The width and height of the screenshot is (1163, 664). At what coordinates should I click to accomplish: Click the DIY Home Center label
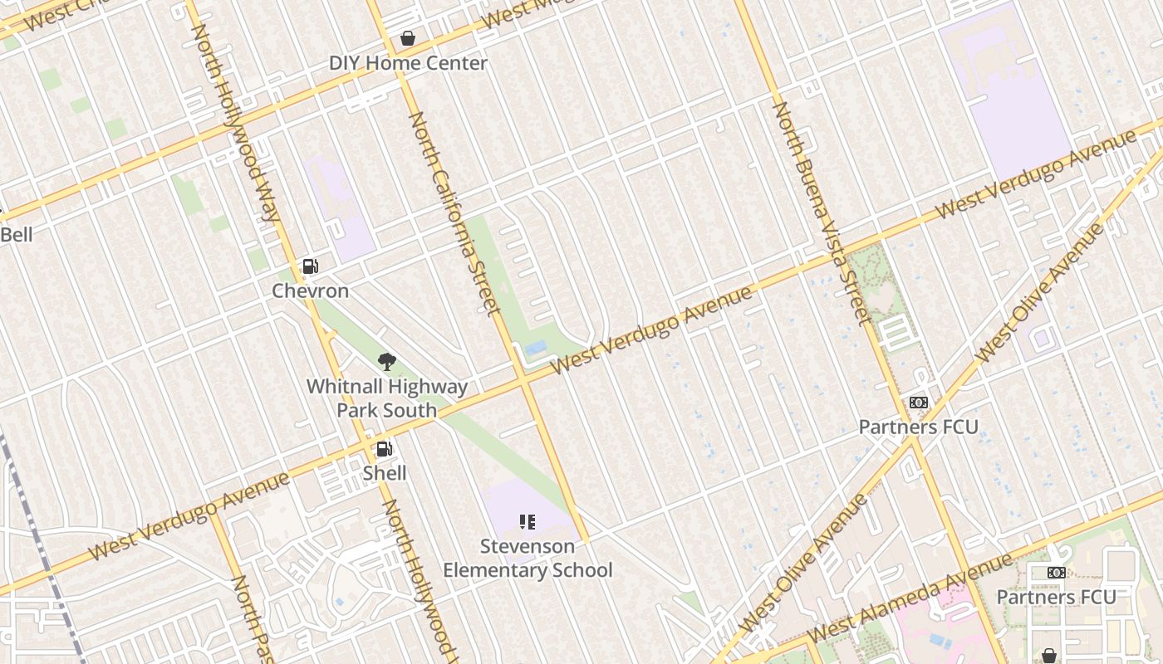pyautogui.click(x=408, y=63)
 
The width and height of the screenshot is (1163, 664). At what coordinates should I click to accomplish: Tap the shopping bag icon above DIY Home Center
pyautogui.click(x=408, y=38)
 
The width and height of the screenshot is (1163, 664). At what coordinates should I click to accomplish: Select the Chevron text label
pyautogui.click(x=311, y=291)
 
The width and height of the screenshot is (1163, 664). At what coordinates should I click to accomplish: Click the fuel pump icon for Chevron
pyautogui.click(x=310, y=266)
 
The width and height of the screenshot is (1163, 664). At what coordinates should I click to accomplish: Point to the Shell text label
pyautogui.click(x=385, y=473)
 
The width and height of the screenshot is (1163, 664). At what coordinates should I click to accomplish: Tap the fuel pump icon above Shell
pyautogui.click(x=385, y=449)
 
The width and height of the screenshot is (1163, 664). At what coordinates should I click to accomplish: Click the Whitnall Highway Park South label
pyautogui.click(x=387, y=398)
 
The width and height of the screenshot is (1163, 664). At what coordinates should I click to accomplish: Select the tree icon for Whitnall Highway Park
pyautogui.click(x=386, y=362)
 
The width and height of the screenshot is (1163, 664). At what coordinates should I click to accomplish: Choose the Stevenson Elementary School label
pyautogui.click(x=528, y=558)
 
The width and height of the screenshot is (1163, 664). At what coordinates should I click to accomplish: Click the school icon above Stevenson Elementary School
pyautogui.click(x=527, y=522)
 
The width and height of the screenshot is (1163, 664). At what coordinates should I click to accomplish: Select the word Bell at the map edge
pyautogui.click(x=16, y=235)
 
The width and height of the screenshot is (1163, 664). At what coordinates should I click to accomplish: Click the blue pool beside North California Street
pyautogui.click(x=536, y=348)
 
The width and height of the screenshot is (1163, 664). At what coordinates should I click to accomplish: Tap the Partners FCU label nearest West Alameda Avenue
pyautogui.click(x=1056, y=597)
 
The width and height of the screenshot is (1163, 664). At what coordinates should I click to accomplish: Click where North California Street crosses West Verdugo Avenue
pyautogui.click(x=523, y=379)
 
